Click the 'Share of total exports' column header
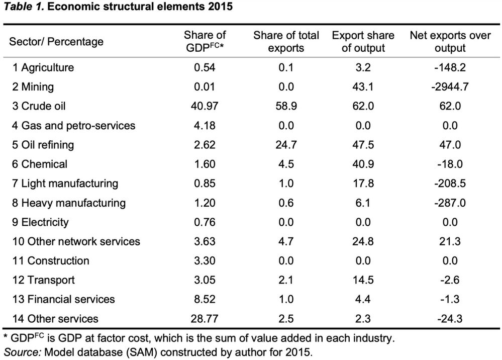[x=286, y=42]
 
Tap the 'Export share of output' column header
[x=363, y=42]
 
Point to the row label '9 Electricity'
[x=41, y=222]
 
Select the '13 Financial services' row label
[x=63, y=299]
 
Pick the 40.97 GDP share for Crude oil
[x=205, y=106]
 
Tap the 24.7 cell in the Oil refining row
[x=286, y=145]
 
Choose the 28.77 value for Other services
[x=205, y=318]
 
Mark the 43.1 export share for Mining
[x=363, y=87]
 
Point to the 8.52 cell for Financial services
[x=205, y=299]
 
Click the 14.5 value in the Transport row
[x=363, y=280]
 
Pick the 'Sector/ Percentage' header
[x=56, y=42]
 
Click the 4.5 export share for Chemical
[x=286, y=164]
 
